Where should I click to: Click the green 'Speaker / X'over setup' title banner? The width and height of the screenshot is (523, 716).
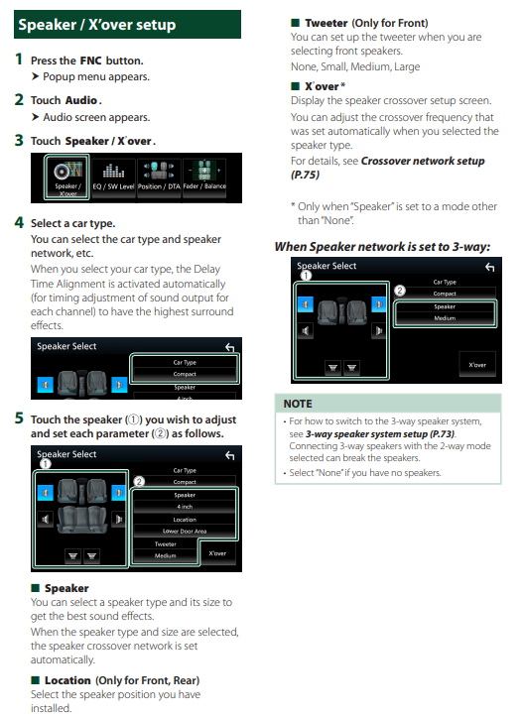tap(127, 24)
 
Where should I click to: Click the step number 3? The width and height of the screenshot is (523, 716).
tap(19, 140)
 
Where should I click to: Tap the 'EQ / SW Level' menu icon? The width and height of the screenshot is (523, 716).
tap(114, 179)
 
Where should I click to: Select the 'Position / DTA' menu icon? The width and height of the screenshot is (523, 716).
tap(159, 179)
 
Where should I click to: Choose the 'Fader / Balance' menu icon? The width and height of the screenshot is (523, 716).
tap(204, 179)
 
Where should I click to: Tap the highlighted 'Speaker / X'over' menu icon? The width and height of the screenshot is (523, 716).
tap(67, 178)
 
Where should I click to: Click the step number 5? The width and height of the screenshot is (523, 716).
tap(19, 418)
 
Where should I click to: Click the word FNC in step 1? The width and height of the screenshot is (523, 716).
tap(91, 60)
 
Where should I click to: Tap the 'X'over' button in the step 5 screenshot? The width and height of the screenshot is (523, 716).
tap(217, 553)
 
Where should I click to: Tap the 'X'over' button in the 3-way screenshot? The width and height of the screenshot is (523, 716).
tap(477, 364)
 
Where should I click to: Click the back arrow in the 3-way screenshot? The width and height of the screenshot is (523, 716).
tap(489, 267)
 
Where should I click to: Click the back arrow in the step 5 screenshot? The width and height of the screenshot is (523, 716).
tap(230, 455)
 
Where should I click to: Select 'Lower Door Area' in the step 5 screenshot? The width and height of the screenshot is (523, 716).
tap(185, 532)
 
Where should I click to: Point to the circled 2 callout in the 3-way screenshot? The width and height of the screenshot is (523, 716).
tap(400, 291)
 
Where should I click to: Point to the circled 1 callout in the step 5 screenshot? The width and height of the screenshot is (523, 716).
tap(46, 464)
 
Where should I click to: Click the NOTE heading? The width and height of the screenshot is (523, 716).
tap(298, 404)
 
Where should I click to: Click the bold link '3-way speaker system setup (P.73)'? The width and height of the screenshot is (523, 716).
tap(380, 433)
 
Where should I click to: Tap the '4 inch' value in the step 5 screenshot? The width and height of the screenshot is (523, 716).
tap(185, 507)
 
